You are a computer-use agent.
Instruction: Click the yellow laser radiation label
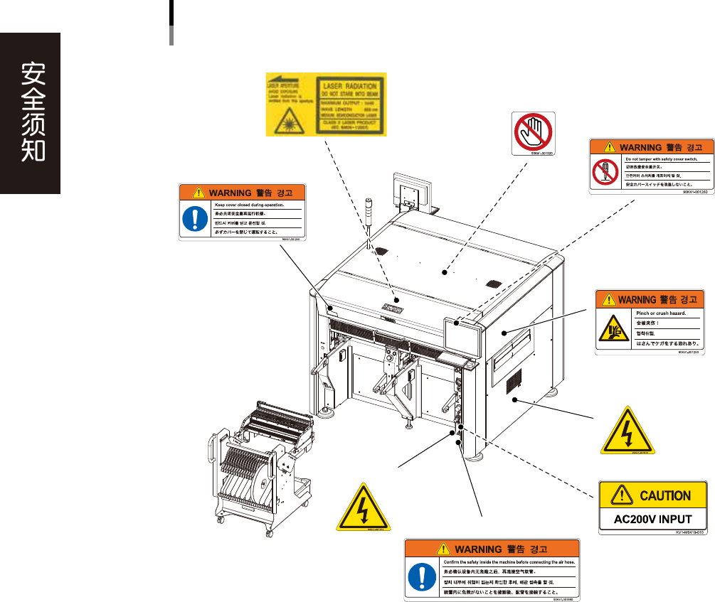click(x=326, y=104)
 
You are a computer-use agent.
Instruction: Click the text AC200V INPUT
click(x=654, y=518)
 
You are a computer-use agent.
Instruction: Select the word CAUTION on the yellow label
click(x=664, y=495)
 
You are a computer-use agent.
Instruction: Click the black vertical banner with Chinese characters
click(x=30, y=113)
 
